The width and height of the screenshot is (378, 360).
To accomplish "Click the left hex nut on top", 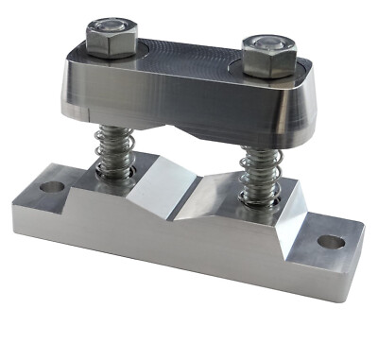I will pyautogui.click(x=111, y=41).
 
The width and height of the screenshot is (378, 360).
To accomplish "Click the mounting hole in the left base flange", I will pyautogui.click(x=53, y=186).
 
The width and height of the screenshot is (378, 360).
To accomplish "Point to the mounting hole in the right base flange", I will pyautogui.click(x=330, y=241).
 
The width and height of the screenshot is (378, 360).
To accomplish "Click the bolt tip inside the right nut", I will pyautogui.click(x=267, y=44).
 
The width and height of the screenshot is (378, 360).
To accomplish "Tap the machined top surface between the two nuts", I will pyautogui.click(x=189, y=57).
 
